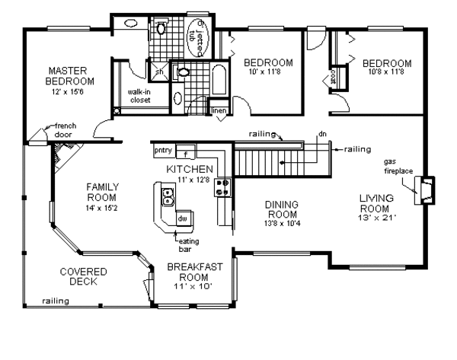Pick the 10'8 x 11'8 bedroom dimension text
tap(387, 73)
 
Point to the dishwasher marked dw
tap(181, 218)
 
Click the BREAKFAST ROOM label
tap(194, 272)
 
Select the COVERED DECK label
tap(83, 276)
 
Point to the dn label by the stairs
tap(322, 135)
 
